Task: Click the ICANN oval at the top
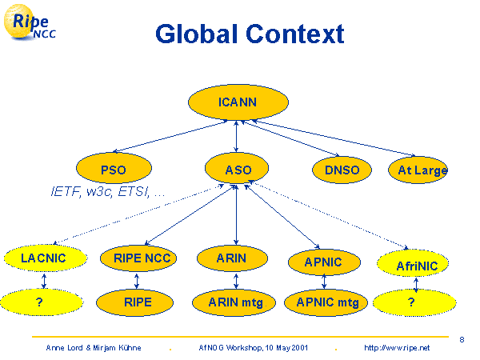[x=237, y=102]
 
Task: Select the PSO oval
[x=113, y=170]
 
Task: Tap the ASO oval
[x=237, y=170]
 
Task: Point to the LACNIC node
[x=43, y=258]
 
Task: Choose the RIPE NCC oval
[x=138, y=258]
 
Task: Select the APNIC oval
[x=323, y=262]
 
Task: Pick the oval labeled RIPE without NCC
[x=138, y=302]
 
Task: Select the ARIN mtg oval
[x=236, y=302]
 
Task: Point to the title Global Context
[x=250, y=34]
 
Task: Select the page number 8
[x=462, y=339]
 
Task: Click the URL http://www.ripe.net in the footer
[x=397, y=348]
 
